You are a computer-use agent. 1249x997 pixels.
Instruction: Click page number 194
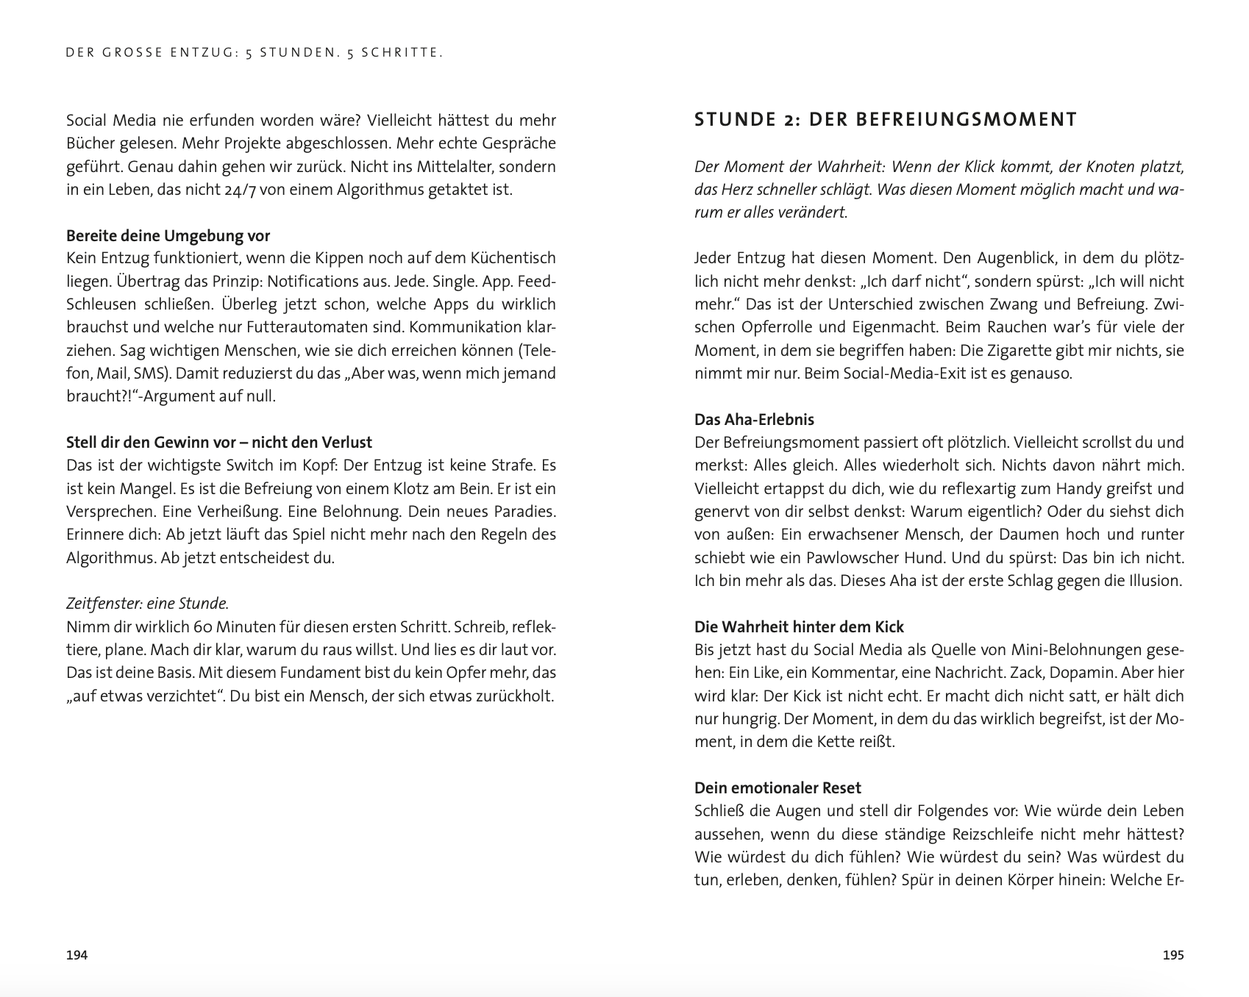pyautogui.click(x=76, y=955)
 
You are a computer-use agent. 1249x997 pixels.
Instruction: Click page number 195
pyautogui.click(x=1173, y=955)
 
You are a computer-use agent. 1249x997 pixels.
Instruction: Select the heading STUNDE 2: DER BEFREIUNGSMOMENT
pyautogui.click(x=886, y=120)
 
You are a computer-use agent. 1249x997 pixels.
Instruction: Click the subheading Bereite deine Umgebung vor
pyautogui.click(x=168, y=236)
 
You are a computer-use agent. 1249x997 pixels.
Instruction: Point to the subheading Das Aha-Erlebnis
pyautogui.click(x=754, y=420)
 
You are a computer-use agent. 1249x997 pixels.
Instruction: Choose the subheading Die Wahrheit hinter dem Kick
pyautogui.click(x=799, y=627)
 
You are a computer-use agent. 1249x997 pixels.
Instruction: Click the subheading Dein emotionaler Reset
pyautogui.click(x=777, y=788)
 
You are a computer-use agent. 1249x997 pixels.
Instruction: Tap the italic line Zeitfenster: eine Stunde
pyautogui.click(x=147, y=604)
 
